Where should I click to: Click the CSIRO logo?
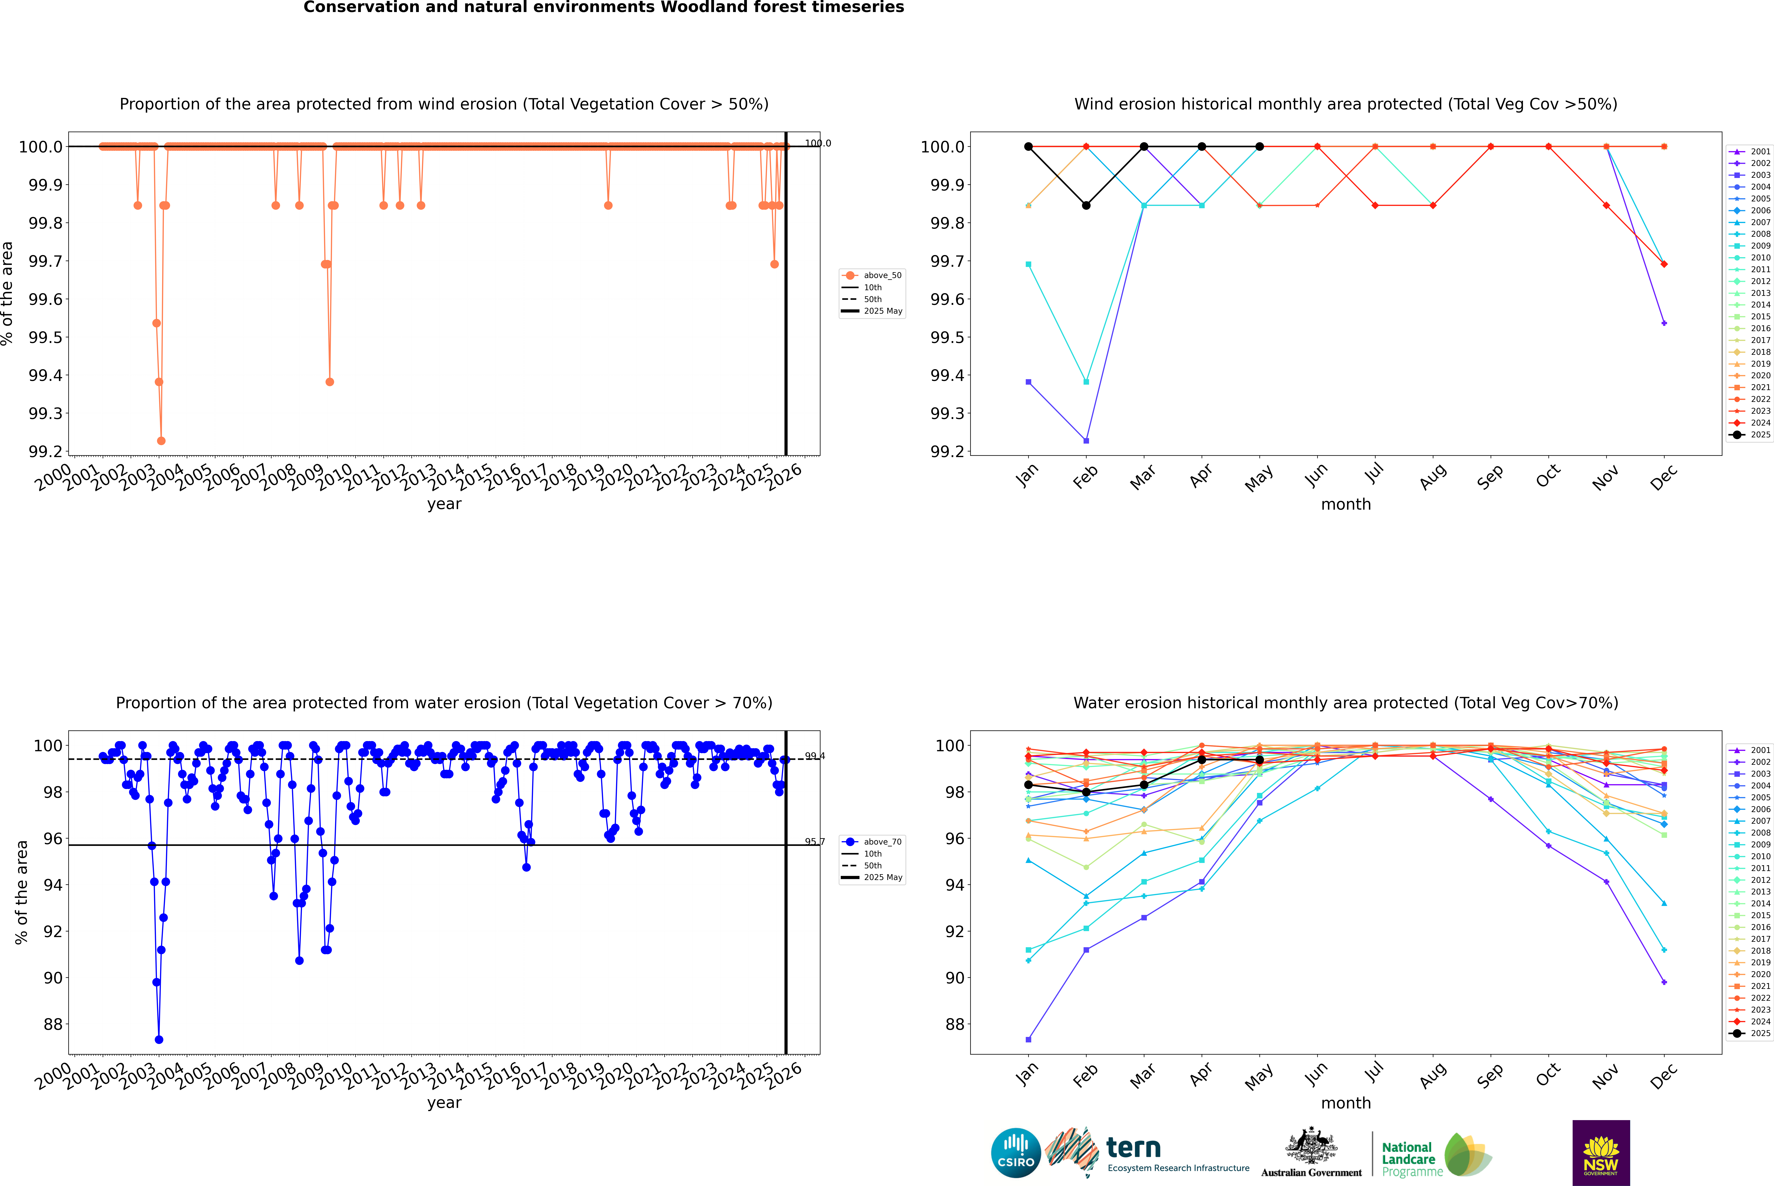[x=1016, y=1153]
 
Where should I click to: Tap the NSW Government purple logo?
[x=1601, y=1153]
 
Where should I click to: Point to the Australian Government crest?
[x=1310, y=1146]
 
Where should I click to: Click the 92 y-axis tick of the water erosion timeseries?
[x=53, y=931]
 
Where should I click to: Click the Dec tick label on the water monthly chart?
[x=1664, y=1076]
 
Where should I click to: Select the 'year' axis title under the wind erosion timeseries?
[x=444, y=504]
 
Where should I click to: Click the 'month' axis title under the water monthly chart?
[x=1345, y=1103]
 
